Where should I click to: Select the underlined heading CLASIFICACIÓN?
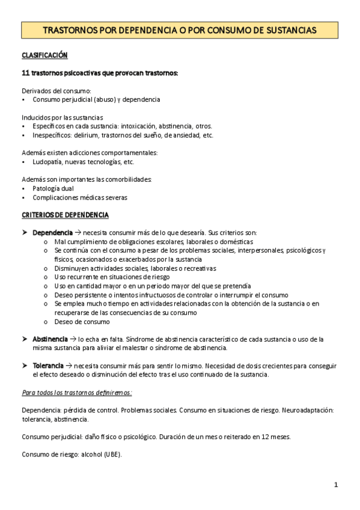tap(44, 55)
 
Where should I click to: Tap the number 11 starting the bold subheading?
tap(26, 73)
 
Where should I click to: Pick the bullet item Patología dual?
tap(53, 188)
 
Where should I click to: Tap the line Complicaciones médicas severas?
tap(80, 197)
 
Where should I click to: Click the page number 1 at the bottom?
tap(337, 484)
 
